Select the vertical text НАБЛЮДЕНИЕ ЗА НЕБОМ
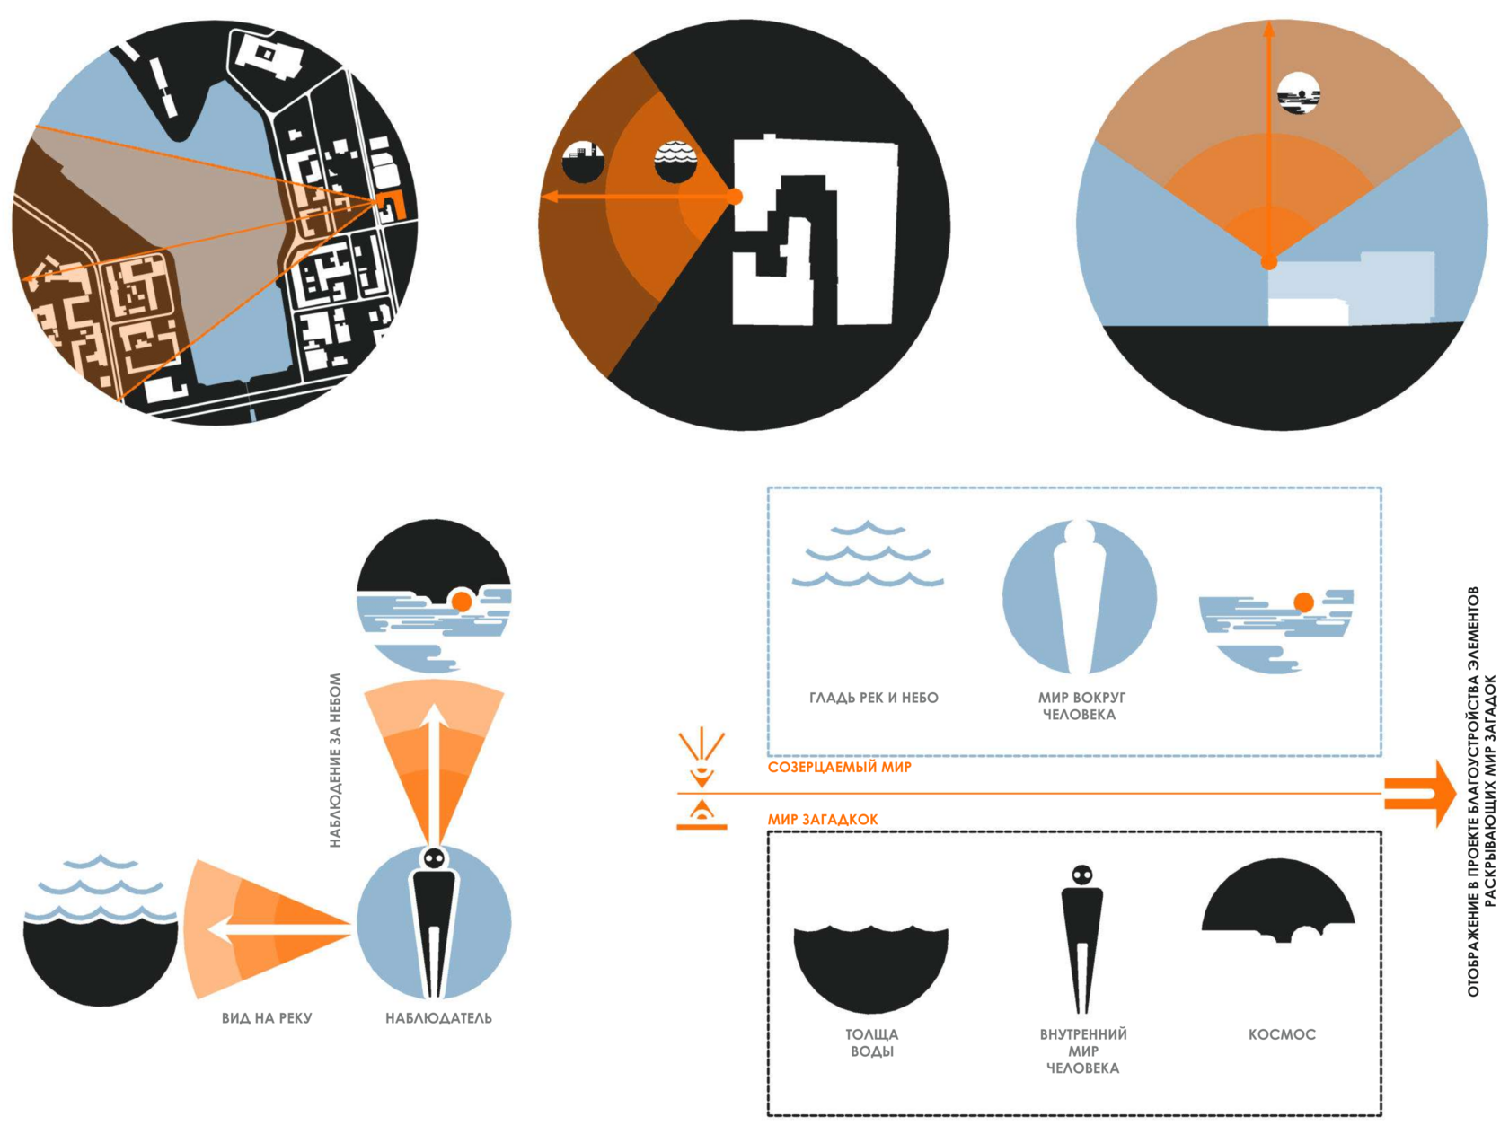[336, 760]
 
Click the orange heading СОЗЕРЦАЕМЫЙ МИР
[840, 768]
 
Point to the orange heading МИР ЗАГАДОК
[822, 820]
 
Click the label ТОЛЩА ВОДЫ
[871, 1042]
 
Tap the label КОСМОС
[1282, 1034]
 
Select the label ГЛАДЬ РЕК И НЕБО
[873, 698]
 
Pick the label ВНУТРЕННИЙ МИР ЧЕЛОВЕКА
[1082, 1051]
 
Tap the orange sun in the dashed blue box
[1302, 602]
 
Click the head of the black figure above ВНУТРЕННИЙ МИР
[1081, 875]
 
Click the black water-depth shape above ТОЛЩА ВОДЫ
[870, 969]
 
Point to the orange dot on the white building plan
[734, 197]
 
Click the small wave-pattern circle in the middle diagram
[675, 162]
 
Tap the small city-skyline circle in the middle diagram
[583, 162]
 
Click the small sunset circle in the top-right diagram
[1298, 92]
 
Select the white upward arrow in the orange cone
[433, 774]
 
